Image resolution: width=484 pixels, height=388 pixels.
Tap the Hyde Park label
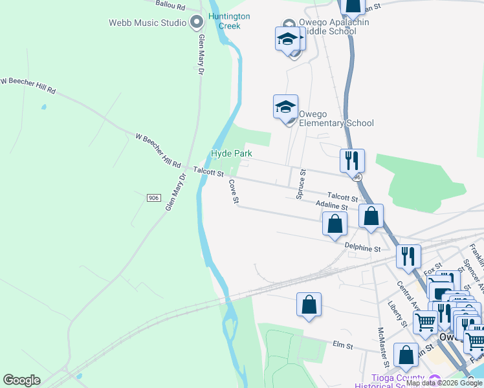pos(231,154)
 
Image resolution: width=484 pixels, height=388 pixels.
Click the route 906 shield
pos(153,197)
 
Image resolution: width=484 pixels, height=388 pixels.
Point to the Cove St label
pos(234,192)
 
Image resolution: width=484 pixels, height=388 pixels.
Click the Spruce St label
pos(301,184)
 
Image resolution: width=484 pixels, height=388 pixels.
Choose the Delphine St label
pos(363,248)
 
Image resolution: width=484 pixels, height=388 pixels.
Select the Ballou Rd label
pos(171,5)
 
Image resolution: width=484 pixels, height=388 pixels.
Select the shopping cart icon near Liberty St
pos(425,321)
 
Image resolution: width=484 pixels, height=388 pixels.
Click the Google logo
pos(21,380)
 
